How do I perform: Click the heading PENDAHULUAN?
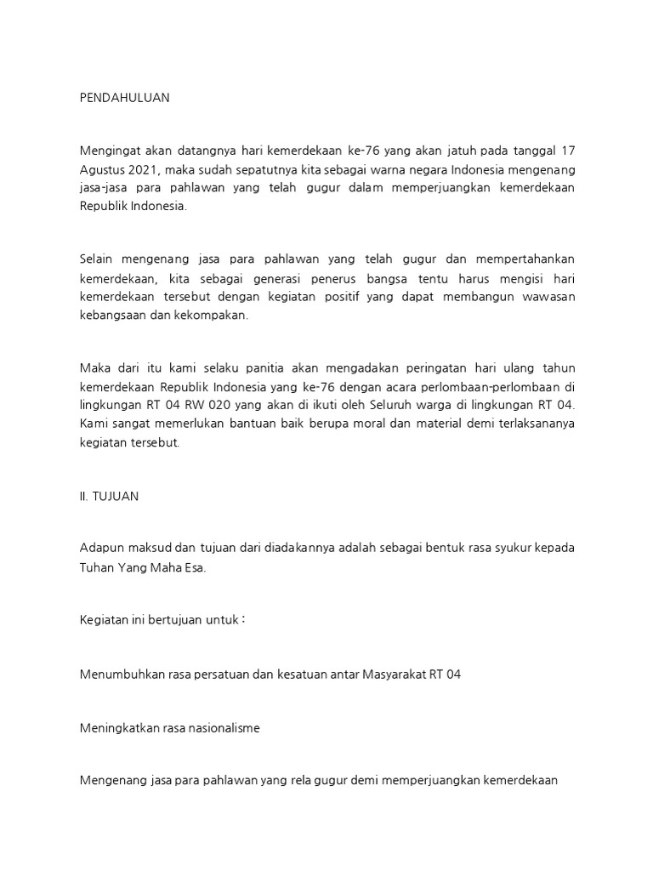coord(124,98)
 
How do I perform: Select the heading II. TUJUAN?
coord(109,497)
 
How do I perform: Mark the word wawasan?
coord(546,297)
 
